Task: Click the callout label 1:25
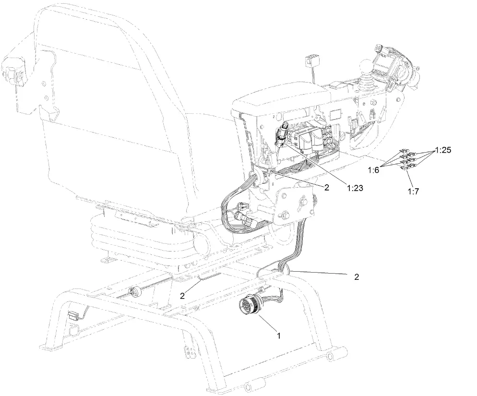pos(443,150)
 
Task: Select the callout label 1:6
pos(374,170)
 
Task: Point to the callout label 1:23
pos(353,189)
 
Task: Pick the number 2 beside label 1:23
pos(326,188)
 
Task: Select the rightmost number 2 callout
pos(356,277)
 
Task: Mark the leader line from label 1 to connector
pos(266,323)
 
